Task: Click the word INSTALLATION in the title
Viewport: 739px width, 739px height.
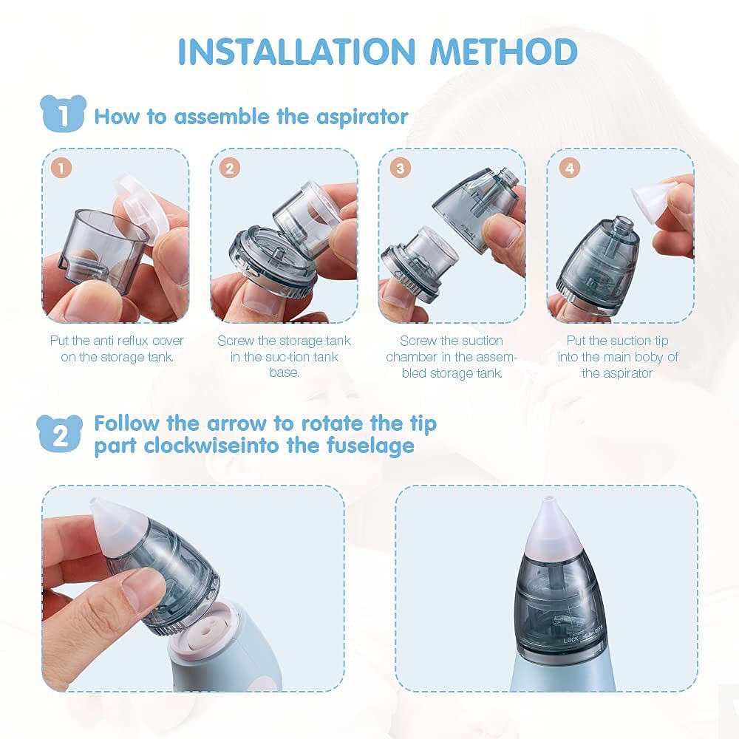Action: coord(296,52)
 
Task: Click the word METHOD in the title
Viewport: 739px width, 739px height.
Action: coord(504,52)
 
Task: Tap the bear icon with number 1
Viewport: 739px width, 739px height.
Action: coord(63,114)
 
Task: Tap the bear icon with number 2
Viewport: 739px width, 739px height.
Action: coord(59,434)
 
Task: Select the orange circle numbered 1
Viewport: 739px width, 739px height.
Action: coord(61,168)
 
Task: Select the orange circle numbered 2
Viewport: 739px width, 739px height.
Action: coord(230,168)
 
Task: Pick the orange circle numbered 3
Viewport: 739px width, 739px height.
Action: coord(400,168)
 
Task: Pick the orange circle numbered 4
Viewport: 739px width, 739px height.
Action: coord(569,168)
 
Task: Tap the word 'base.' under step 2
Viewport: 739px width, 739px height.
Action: coord(285,372)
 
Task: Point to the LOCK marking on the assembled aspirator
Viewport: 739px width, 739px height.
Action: coord(572,639)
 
